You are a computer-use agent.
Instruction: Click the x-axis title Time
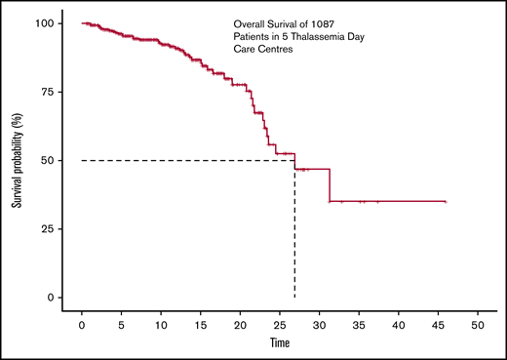point(279,342)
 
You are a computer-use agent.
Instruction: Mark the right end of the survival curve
point(446,201)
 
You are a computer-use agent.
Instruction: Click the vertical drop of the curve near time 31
point(330,185)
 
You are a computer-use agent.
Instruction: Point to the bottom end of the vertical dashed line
point(294,297)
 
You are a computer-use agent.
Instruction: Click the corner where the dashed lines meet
point(294,160)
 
